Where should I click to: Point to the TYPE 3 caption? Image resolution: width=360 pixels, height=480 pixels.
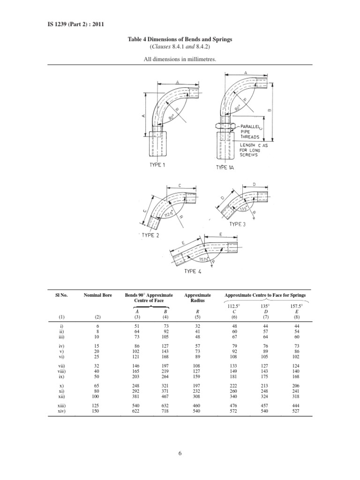(237, 224)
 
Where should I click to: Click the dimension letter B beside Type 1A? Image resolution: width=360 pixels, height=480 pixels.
(269, 110)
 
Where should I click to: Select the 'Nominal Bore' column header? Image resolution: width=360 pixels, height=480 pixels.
(97, 295)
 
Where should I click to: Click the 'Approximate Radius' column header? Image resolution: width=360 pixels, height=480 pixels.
(198, 298)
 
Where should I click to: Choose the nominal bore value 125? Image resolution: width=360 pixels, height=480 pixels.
(96, 406)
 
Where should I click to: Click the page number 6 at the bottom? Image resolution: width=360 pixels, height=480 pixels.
(180, 453)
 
